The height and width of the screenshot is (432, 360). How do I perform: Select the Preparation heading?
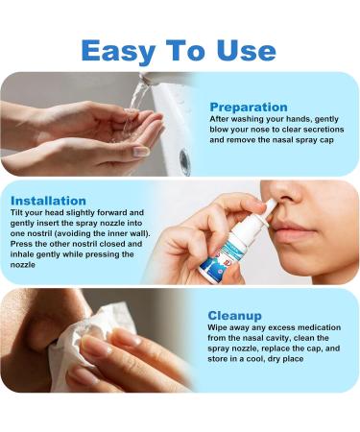[x=248, y=107]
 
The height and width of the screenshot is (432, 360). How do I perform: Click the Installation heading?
[x=59, y=201]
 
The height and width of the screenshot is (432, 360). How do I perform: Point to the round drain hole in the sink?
[x=184, y=161]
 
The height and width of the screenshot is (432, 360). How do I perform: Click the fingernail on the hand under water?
[x=141, y=152]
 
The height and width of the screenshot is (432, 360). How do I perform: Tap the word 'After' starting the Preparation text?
[x=220, y=119]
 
